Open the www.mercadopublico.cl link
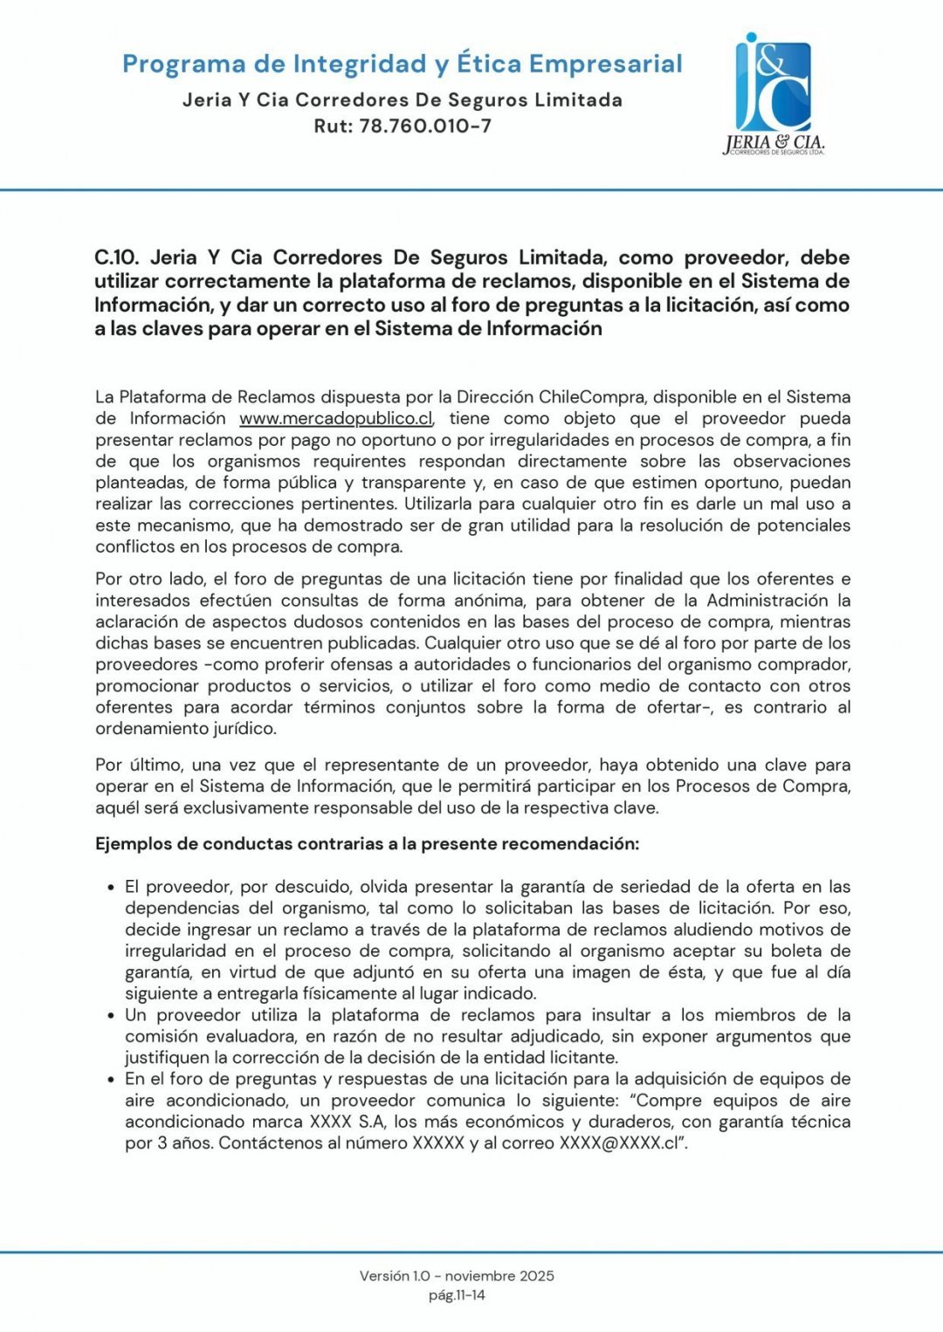(336, 418)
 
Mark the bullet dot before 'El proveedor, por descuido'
(111, 888)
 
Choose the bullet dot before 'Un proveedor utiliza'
(111, 1016)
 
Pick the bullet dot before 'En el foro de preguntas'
(111, 1080)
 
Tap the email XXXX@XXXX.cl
(619, 1143)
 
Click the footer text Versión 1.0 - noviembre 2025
(457, 1275)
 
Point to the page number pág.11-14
(457, 1295)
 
